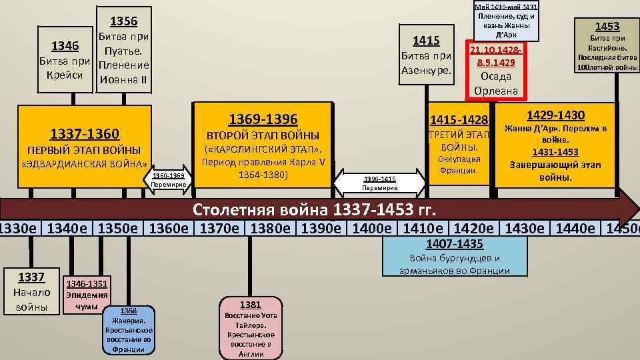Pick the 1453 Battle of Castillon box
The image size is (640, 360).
pyautogui.click(x=607, y=46)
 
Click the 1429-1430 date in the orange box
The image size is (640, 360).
pyautogui.click(x=555, y=115)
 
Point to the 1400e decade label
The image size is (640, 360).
pyautogui.click(x=376, y=228)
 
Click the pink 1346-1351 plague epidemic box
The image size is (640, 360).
pyautogui.click(x=87, y=294)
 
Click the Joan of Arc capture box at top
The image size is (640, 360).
pyautogui.click(x=507, y=20)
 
